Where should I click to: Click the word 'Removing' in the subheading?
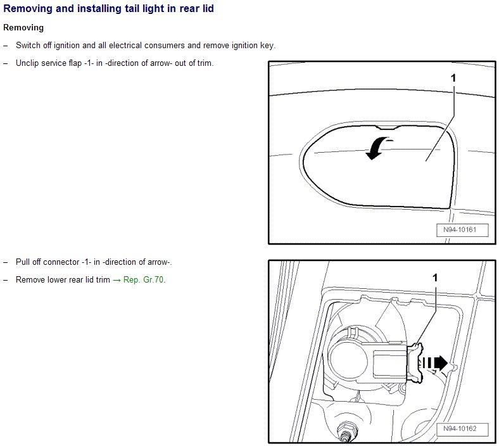[23, 28]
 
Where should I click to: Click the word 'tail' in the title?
[133, 9]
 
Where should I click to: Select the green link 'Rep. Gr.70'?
[144, 280]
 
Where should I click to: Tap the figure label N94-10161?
[462, 230]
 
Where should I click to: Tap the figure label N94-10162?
[462, 429]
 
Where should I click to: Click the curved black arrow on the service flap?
[378, 148]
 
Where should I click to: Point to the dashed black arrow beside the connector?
[435, 363]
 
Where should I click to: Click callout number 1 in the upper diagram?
[453, 78]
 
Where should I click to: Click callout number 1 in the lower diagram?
[435, 278]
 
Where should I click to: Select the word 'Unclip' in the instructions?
[27, 63]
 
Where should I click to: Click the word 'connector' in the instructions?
[61, 262]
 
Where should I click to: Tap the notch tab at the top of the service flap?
[388, 128]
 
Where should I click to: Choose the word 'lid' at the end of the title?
[208, 9]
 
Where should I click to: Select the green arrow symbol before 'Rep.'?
[117, 280]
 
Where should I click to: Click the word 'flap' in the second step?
[75, 63]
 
